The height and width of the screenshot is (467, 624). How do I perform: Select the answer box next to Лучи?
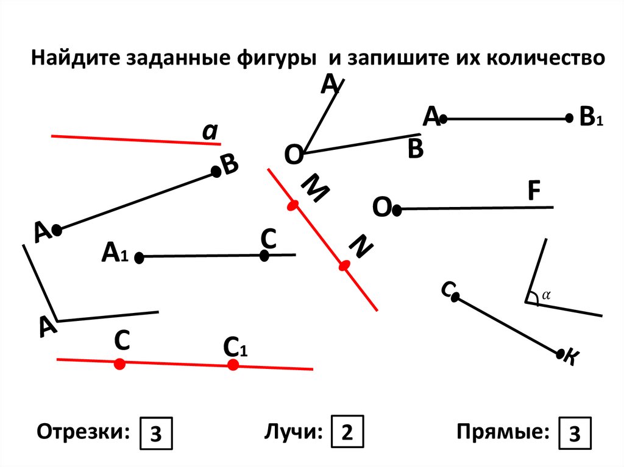[x=347, y=433]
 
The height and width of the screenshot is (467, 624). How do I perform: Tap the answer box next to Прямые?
[x=573, y=434]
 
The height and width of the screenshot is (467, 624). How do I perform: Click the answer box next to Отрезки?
[x=156, y=434]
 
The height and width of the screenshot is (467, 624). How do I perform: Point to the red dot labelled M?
[x=293, y=206]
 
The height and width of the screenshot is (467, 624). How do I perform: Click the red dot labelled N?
[x=344, y=265]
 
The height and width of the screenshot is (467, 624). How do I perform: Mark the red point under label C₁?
[x=233, y=365]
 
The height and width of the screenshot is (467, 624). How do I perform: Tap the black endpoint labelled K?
[x=561, y=353]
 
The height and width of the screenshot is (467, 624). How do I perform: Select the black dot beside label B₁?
[x=569, y=119]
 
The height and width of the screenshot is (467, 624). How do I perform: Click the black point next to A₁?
[x=139, y=258]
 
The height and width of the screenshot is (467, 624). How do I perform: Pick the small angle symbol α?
[x=546, y=295]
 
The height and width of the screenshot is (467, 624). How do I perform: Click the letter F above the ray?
[x=534, y=191]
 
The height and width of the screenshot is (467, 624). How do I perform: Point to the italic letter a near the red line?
[x=211, y=132]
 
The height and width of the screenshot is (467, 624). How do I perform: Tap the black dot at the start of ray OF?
[x=397, y=211]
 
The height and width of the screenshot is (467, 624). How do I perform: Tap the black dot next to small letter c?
[x=456, y=297]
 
